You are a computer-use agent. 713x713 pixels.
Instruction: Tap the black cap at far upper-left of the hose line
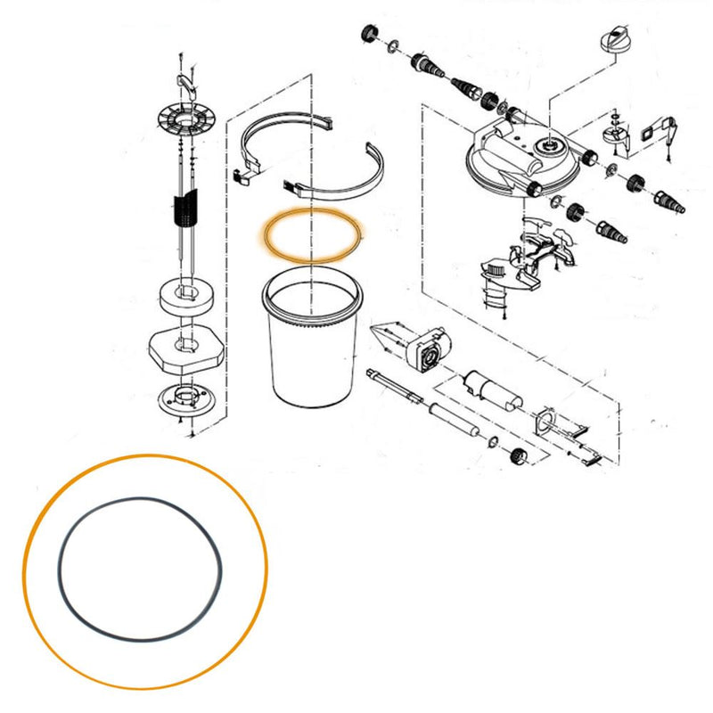click(365, 36)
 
